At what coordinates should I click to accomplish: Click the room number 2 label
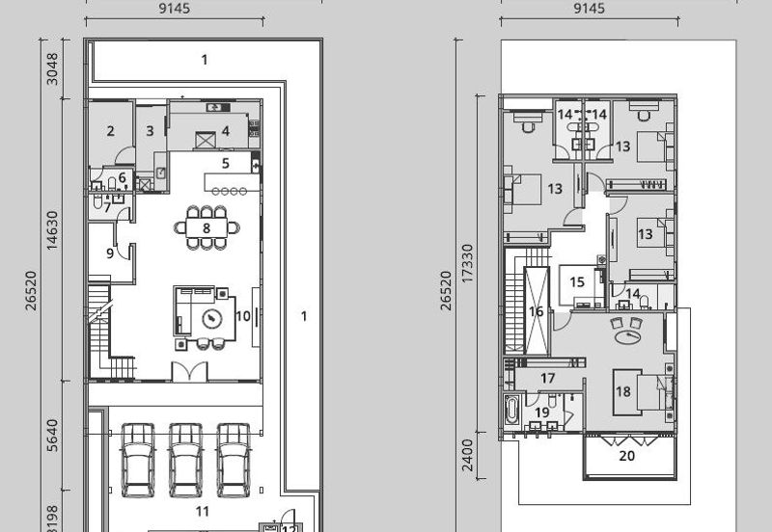(111, 131)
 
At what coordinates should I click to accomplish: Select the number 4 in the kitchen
(225, 131)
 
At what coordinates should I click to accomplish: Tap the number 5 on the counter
(225, 164)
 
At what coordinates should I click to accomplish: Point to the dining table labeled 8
(207, 228)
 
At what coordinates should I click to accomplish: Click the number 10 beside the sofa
(242, 315)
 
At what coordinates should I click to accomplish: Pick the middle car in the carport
(185, 459)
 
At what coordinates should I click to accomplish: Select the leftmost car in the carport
(138, 459)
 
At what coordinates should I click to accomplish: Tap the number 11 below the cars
(203, 511)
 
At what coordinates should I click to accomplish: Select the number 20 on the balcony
(627, 457)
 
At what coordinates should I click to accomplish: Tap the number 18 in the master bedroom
(623, 391)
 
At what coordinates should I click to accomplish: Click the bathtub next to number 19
(510, 412)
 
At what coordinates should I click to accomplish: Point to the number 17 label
(548, 379)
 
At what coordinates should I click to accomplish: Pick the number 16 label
(537, 311)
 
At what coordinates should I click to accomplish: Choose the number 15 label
(577, 282)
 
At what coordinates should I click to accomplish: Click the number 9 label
(110, 253)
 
